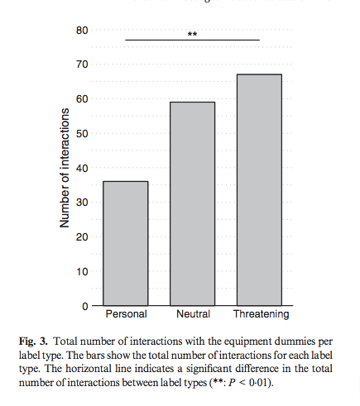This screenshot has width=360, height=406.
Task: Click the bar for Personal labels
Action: [126, 243]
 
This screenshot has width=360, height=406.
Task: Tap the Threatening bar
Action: [259, 189]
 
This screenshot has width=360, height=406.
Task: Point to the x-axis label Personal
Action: [126, 315]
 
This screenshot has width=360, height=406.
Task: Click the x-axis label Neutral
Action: [193, 315]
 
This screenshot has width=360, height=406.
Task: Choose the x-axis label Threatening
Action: [261, 315]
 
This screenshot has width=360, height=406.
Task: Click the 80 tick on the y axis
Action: [82, 31]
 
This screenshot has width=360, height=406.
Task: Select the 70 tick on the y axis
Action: [82, 64]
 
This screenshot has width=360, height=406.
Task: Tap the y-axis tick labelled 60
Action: [82, 99]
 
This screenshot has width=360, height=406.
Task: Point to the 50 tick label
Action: [82, 134]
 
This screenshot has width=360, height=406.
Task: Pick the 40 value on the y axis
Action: [82, 168]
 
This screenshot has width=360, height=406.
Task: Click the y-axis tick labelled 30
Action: [82, 203]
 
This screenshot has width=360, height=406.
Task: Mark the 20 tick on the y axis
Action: [82, 237]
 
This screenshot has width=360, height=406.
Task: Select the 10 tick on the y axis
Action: [82, 271]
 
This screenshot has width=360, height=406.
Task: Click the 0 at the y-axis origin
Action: [84, 306]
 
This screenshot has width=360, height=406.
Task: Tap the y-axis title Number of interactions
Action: [63, 169]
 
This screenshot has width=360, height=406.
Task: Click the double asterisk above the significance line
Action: [192, 35]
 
